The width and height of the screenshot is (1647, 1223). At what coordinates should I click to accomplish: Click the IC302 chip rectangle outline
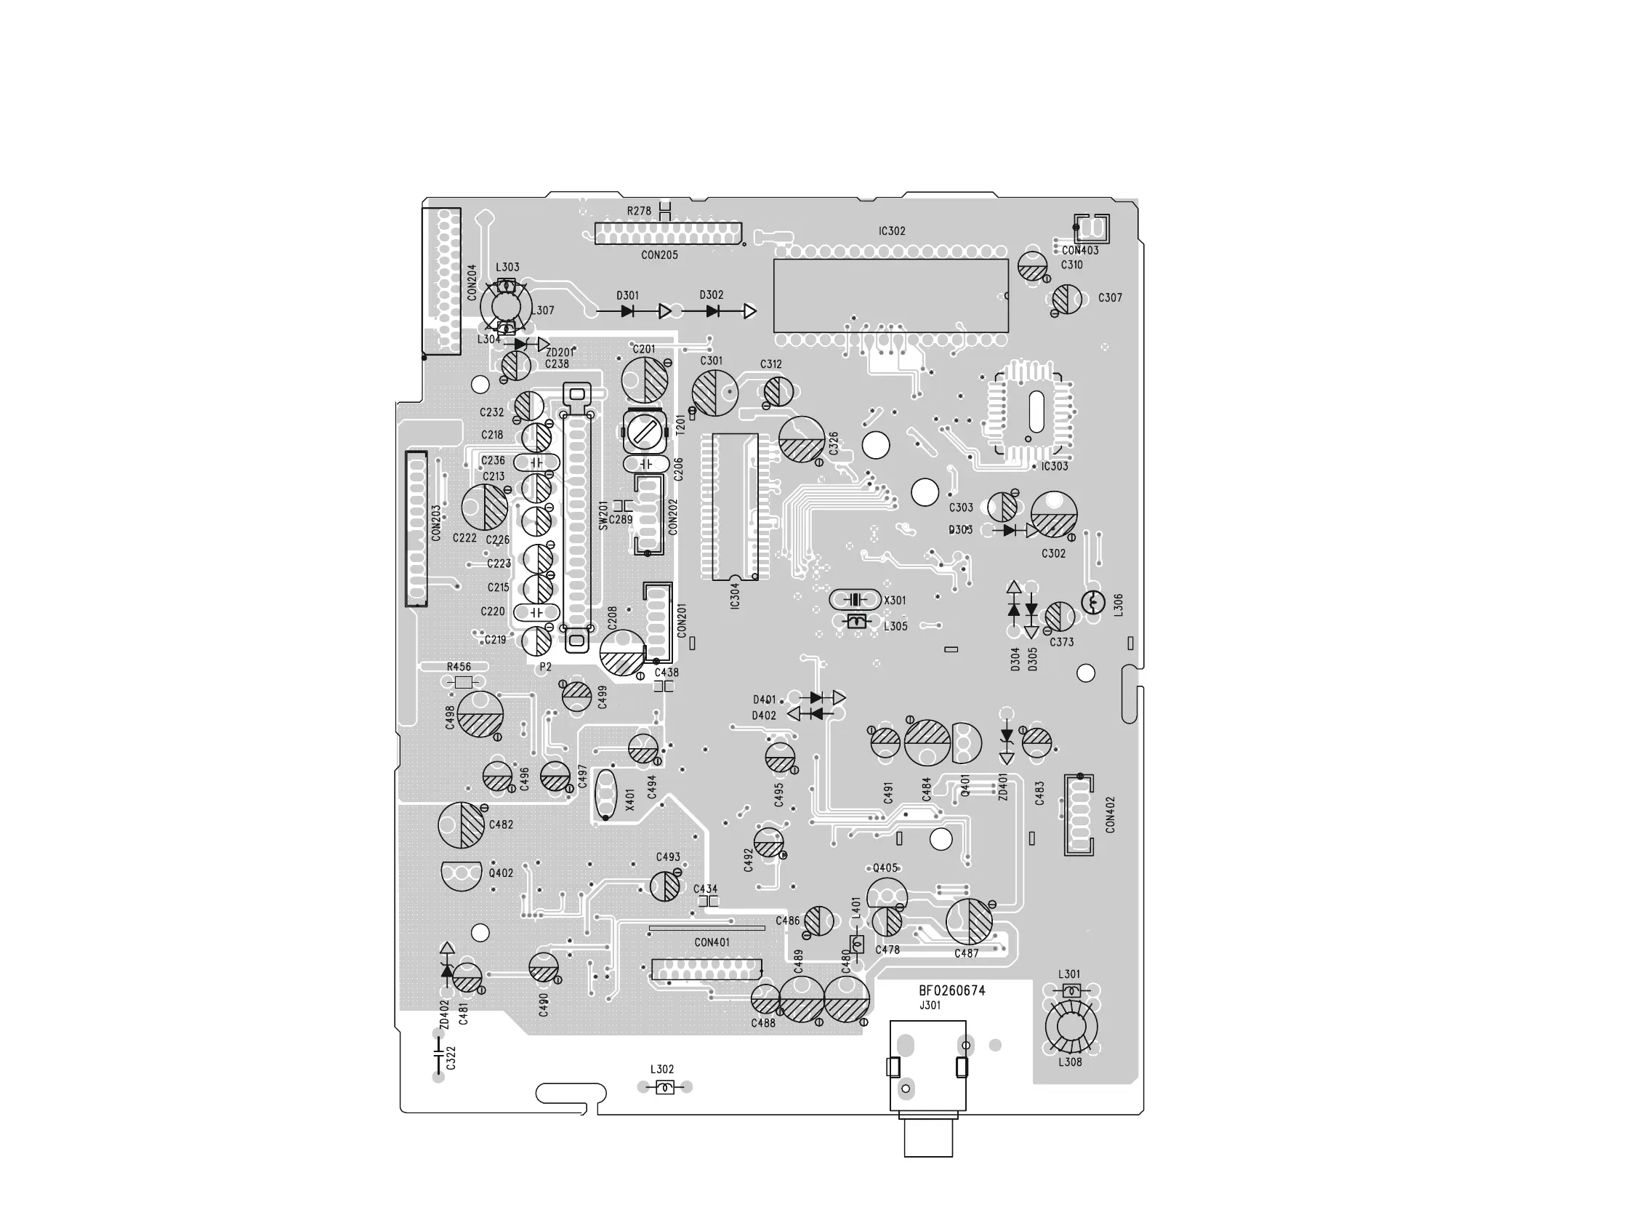pos(890,295)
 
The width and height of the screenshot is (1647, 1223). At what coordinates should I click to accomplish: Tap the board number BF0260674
pos(951,990)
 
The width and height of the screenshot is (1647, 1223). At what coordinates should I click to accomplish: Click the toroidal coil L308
pos(1071,1027)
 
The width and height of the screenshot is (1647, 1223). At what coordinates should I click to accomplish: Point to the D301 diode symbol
pos(628,312)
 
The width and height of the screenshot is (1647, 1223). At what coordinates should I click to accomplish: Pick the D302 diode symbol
pos(712,312)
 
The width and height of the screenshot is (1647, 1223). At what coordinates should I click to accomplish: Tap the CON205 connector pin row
pos(667,234)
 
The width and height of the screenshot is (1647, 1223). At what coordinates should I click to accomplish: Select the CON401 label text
pos(712,942)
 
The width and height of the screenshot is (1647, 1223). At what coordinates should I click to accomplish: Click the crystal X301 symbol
pos(855,600)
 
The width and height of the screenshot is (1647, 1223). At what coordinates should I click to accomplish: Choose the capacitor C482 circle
pos(461,825)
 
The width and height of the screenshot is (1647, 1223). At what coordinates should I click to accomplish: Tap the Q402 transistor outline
pos(461,874)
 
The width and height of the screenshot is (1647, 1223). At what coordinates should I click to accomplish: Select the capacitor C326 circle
pos(801,439)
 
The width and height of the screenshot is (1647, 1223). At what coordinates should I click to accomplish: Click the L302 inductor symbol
pos(664,1087)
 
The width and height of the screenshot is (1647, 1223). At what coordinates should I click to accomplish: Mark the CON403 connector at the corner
pos(1092,228)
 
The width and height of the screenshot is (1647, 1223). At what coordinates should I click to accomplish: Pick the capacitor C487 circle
pos(969,921)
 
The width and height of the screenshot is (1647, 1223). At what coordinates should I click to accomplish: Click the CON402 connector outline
pos(1078,814)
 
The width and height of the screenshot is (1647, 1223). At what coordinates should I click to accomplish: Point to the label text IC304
pos(735,596)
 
